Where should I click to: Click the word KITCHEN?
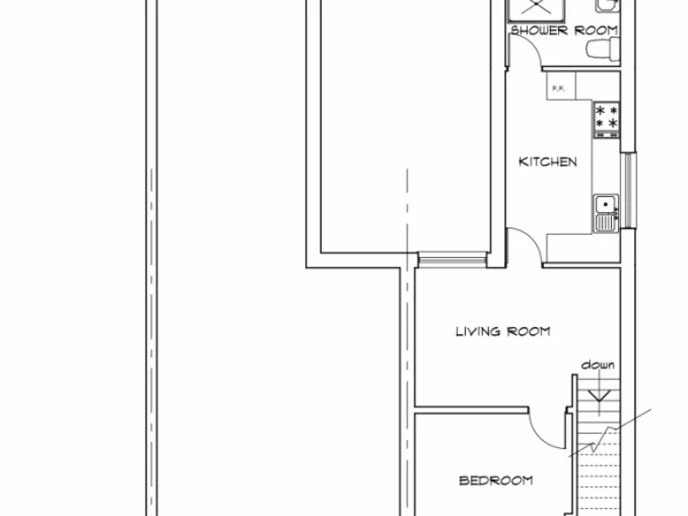tap(547, 162)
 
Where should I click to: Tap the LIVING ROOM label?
tap(503, 331)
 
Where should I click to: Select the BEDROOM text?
tap(495, 480)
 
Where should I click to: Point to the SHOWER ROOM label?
tap(564, 30)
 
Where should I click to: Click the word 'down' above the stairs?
tap(598, 365)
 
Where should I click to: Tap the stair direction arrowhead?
tap(598, 397)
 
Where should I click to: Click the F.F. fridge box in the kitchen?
tap(559, 87)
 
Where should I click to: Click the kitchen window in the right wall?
tap(629, 190)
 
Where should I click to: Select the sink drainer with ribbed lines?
tap(606, 219)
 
